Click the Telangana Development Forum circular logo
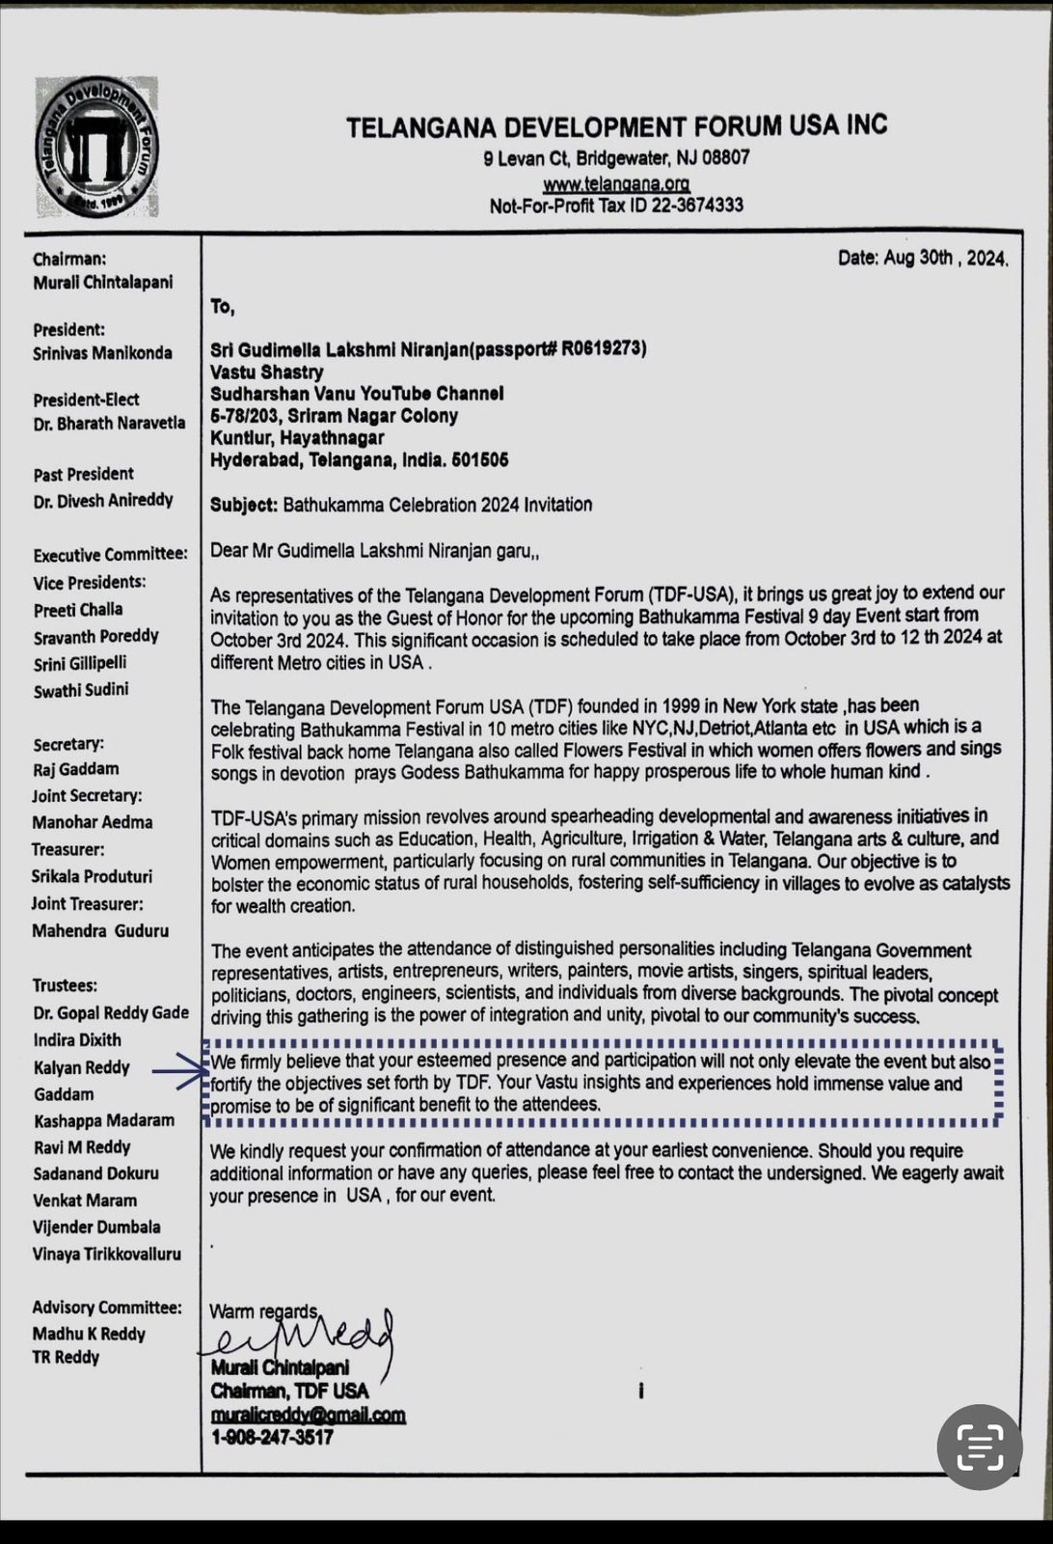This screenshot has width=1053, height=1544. (97, 148)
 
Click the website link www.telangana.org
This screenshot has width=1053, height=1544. (616, 183)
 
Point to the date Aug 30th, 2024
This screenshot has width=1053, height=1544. (923, 259)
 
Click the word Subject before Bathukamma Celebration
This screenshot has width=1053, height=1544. (244, 505)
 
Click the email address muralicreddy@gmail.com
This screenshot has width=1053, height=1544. (308, 1415)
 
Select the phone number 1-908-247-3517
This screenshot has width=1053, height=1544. (272, 1438)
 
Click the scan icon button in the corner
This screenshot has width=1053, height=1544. (979, 1447)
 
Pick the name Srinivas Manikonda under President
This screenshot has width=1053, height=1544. (103, 353)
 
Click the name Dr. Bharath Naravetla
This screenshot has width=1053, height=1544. (109, 424)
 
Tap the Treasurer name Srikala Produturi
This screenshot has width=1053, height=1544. (93, 876)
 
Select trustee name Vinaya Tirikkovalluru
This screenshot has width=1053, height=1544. (107, 1254)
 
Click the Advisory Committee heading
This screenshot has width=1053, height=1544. (107, 1308)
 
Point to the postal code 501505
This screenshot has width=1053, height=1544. (479, 460)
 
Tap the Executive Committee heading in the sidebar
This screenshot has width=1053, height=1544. (110, 555)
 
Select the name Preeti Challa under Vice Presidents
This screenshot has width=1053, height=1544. (78, 610)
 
